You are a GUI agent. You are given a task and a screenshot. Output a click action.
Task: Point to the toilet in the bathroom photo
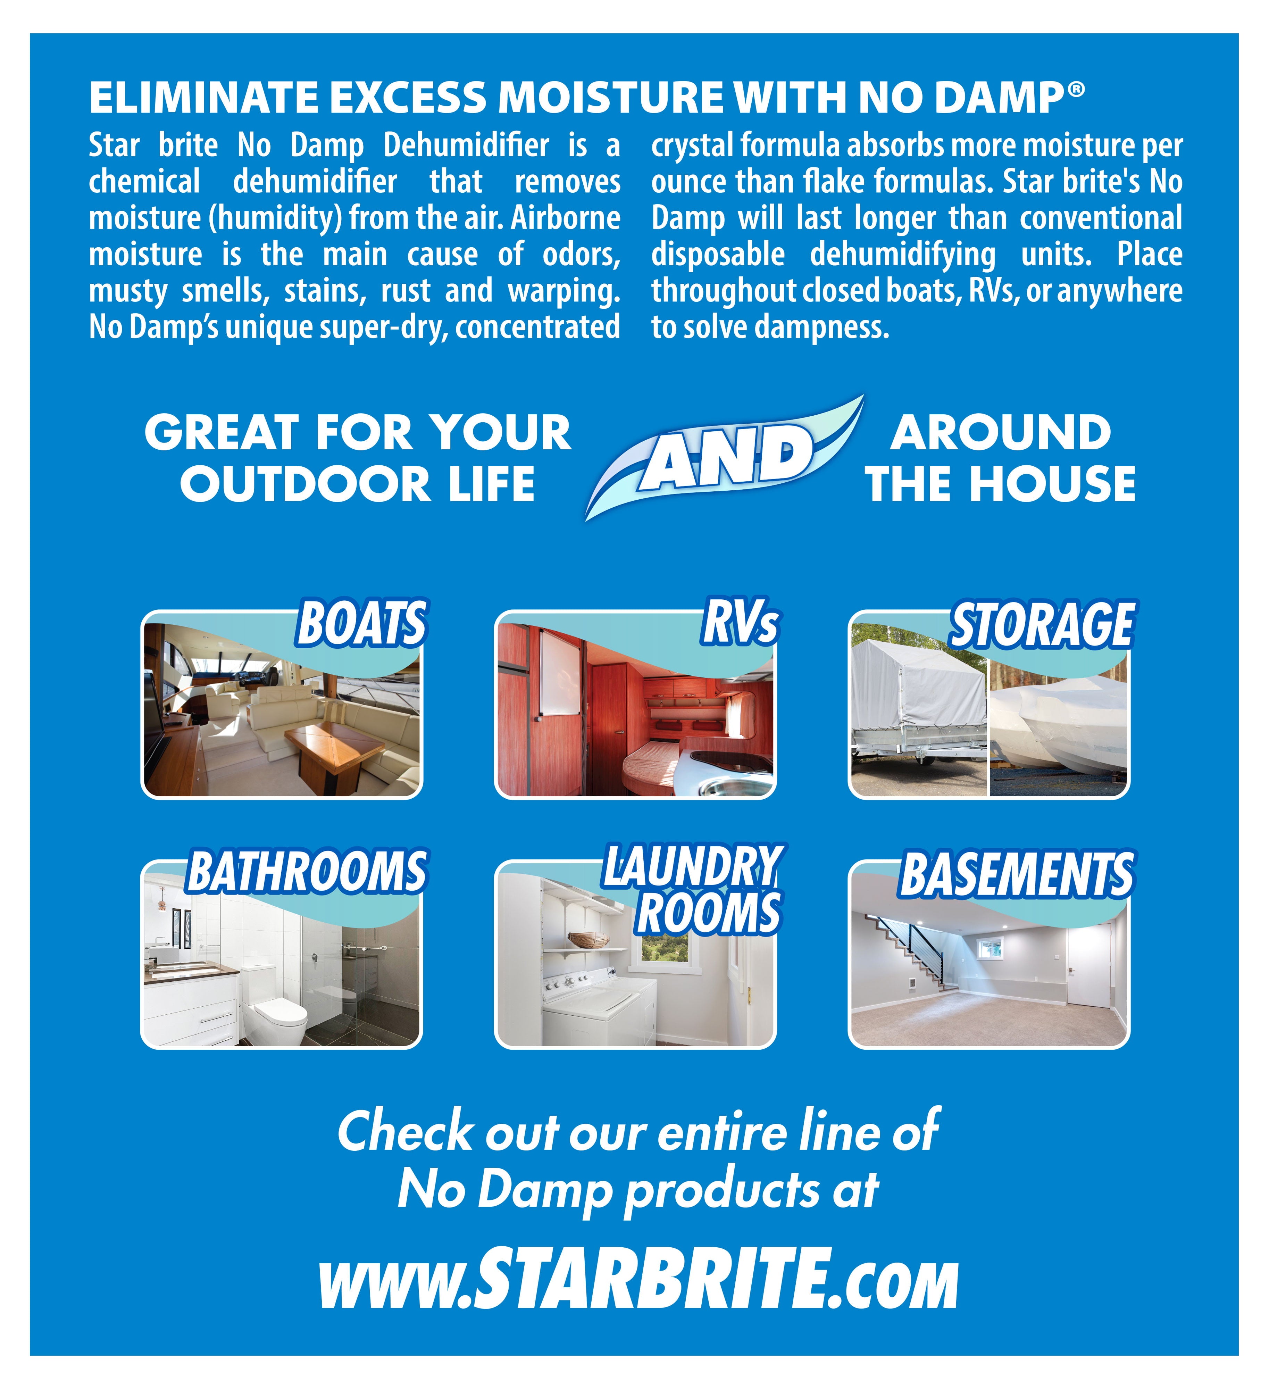tap(276, 1006)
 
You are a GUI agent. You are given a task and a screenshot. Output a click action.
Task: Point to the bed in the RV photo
tap(651, 765)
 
